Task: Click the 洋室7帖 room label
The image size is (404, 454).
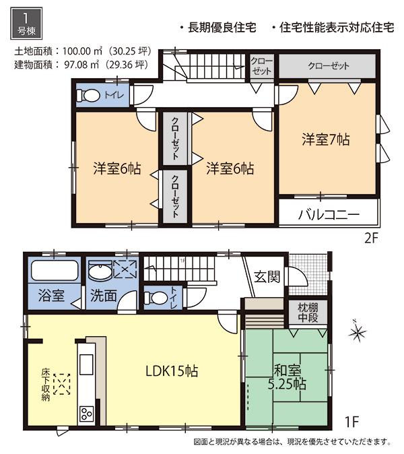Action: pyautogui.click(x=325, y=140)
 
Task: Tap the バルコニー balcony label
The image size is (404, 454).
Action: pyautogui.click(x=329, y=216)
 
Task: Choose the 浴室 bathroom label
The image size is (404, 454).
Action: pyautogui.click(x=50, y=295)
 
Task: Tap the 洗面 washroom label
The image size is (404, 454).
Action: pyautogui.click(x=103, y=295)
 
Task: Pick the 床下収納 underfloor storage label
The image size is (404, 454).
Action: pyautogui.click(x=45, y=385)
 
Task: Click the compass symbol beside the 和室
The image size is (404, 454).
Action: pyautogui.click(x=358, y=332)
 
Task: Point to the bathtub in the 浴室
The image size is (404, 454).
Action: pyautogui.click(x=55, y=271)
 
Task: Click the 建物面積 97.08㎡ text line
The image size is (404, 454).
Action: pyautogui.click(x=80, y=65)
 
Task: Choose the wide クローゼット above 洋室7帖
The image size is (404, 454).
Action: pyautogui.click(x=328, y=66)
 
